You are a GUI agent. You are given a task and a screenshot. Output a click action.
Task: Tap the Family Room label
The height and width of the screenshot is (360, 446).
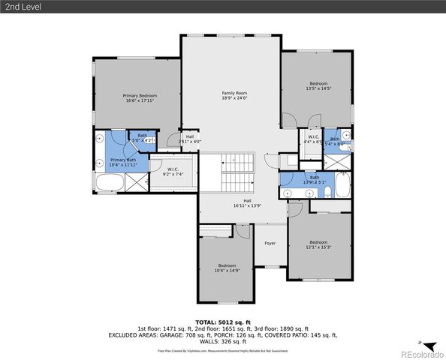234,95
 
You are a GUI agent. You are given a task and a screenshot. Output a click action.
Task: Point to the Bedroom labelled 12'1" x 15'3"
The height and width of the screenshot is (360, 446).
318,245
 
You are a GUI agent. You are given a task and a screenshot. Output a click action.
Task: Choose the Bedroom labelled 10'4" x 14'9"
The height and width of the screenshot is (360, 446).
227,268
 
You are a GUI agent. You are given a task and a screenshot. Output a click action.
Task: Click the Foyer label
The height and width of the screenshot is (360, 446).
270,243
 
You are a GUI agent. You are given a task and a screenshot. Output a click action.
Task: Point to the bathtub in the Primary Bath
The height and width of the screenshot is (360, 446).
108,182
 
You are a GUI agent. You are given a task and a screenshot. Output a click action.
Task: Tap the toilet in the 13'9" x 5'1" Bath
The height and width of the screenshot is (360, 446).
310,193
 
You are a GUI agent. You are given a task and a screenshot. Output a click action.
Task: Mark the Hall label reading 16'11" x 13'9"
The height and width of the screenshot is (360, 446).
247,202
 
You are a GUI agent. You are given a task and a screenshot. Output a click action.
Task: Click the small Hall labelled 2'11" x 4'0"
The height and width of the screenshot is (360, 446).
190,139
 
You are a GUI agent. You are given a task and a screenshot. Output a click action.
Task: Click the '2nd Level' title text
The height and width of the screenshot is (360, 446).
21,7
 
